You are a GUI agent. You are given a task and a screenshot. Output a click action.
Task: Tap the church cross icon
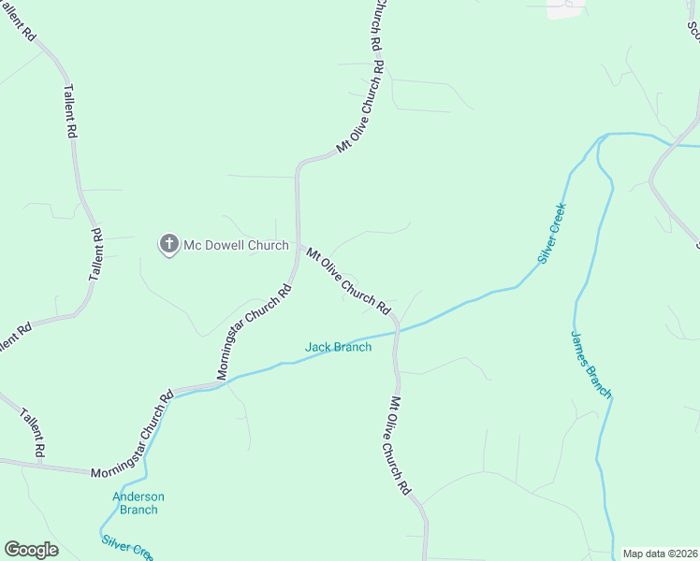[x=169, y=245]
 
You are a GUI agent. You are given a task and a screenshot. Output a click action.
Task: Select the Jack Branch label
[x=338, y=347]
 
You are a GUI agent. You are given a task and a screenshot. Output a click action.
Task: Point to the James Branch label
[x=591, y=364]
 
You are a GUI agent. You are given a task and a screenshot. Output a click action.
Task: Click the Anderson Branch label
[x=139, y=503]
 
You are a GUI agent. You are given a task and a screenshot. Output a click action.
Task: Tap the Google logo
[x=31, y=550]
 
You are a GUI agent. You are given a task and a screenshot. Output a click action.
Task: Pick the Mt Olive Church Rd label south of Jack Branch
[x=400, y=445]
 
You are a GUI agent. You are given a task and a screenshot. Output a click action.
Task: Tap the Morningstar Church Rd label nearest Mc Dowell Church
[x=255, y=331]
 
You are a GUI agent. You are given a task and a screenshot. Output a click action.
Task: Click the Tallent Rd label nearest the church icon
[x=95, y=253]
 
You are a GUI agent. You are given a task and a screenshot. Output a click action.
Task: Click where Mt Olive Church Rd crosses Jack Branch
[x=398, y=329]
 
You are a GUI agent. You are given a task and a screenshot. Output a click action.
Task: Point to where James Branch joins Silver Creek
[x=606, y=136]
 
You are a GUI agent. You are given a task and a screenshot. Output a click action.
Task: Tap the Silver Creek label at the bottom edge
[x=126, y=546]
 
